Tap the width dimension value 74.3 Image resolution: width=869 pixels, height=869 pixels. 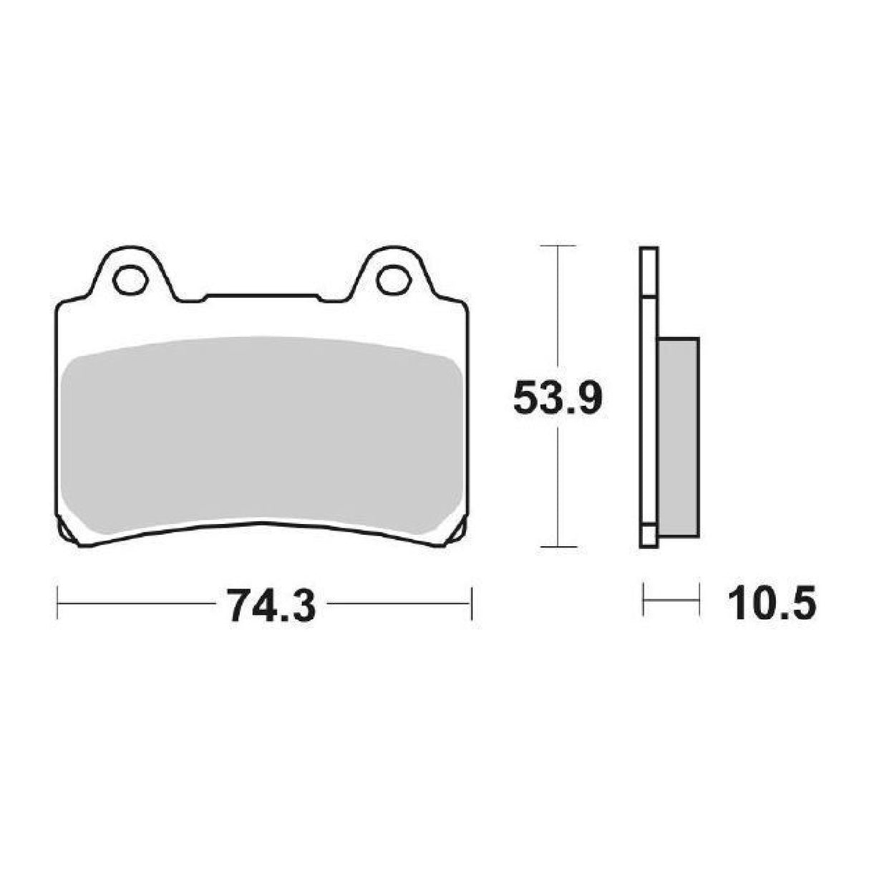pos(271,605)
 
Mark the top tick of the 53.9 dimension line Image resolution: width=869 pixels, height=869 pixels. pos(558,246)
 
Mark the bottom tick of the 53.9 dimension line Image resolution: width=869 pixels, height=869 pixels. pos(558,547)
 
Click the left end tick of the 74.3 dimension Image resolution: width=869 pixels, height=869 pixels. pos(57,603)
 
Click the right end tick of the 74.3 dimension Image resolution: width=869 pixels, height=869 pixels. pos(470,603)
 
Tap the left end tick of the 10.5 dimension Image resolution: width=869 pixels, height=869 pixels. pos(644,600)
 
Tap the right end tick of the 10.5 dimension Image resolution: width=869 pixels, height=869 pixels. pos(699,600)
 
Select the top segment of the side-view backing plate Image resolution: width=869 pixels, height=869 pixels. pos(648,272)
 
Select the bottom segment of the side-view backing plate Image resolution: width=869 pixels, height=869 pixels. pos(648,537)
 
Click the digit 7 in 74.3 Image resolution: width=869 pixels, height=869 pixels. pos(237,605)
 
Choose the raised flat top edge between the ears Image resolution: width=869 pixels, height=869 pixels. pos(261,294)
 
